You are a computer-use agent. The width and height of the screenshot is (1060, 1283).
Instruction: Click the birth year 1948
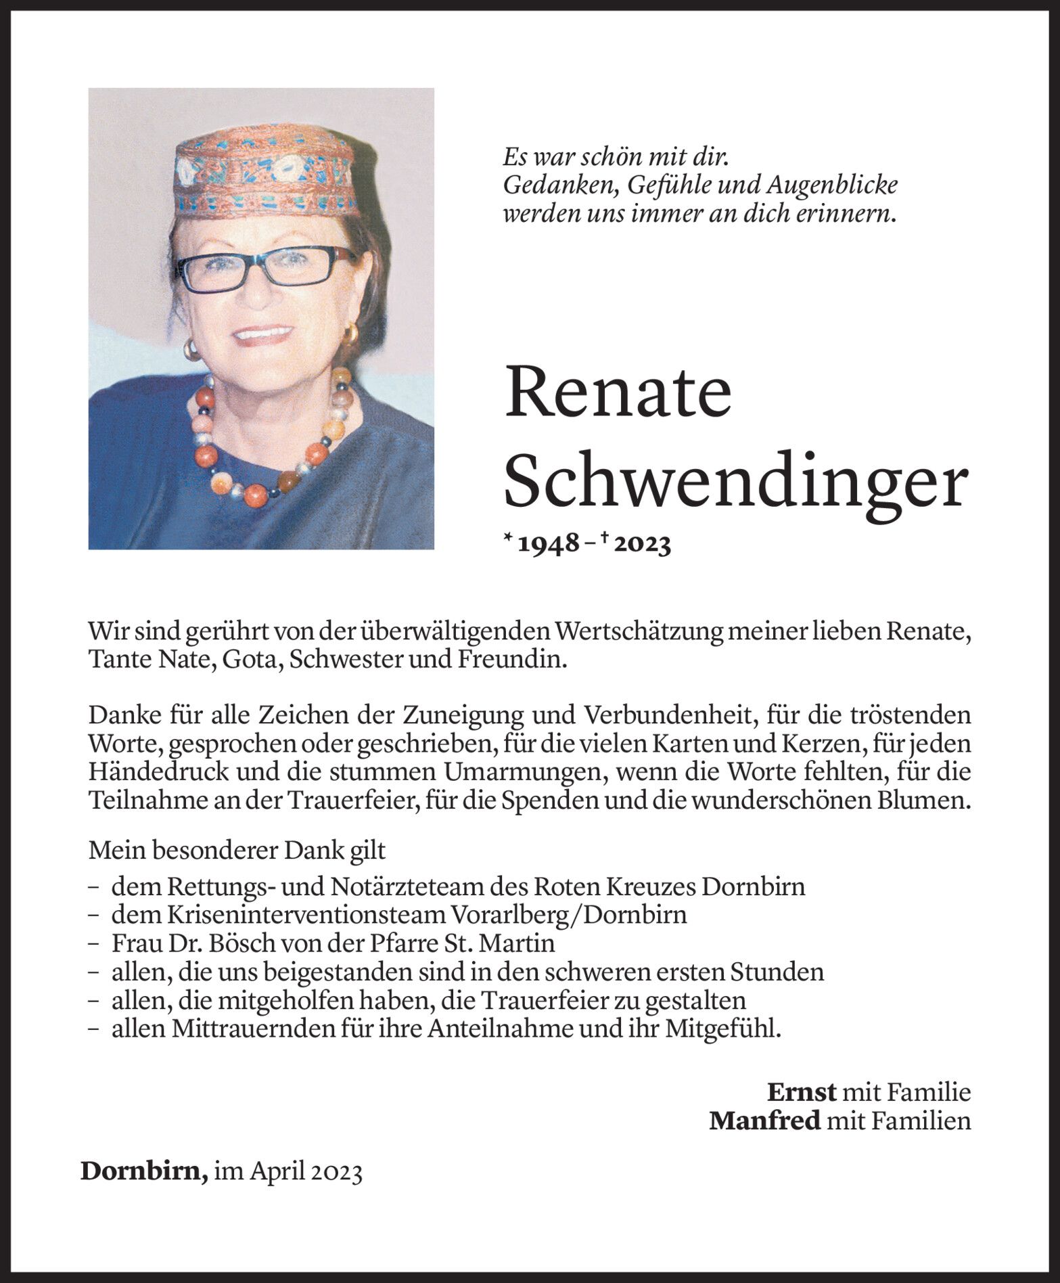(549, 544)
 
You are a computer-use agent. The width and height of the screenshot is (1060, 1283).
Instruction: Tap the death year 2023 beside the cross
(643, 544)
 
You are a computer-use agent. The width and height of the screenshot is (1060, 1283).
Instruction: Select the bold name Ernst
(802, 1092)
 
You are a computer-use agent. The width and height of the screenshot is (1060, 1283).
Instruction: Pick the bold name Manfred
(764, 1121)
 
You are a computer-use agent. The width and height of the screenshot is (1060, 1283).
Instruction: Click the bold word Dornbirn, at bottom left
(144, 1171)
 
